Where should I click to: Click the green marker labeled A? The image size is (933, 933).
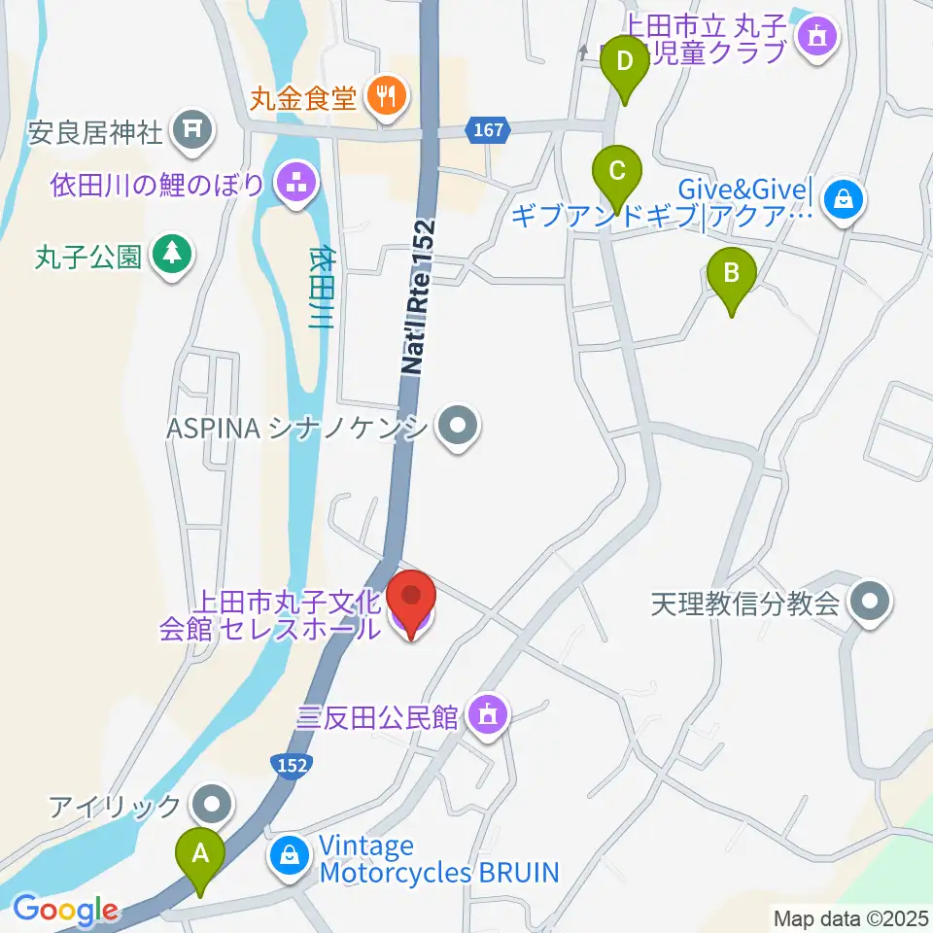[x=200, y=856]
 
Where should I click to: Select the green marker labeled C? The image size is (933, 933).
[x=616, y=173]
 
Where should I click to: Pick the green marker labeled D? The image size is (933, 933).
[x=626, y=63]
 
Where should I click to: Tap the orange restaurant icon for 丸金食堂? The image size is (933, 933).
[x=387, y=97]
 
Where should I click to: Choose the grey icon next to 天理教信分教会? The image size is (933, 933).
[x=870, y=604]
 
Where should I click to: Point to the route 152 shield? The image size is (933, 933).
[x=290, y=765]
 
